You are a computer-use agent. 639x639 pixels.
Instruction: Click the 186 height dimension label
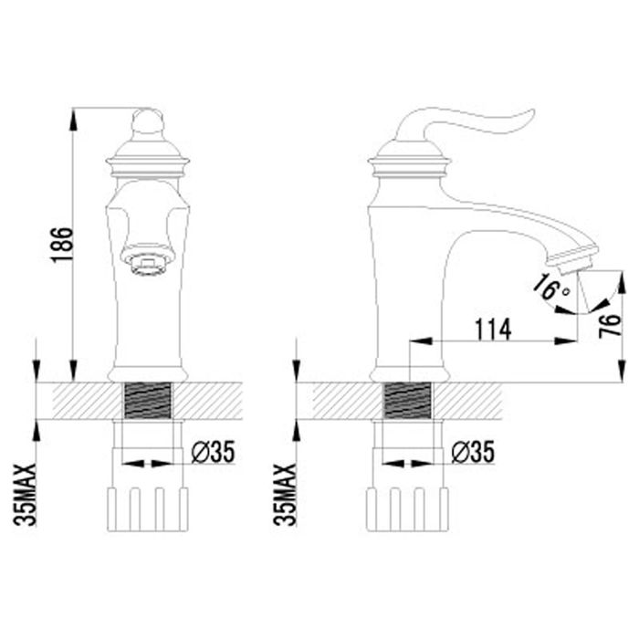click(x=62, y=245)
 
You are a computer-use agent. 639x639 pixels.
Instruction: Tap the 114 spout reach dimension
click(x=493, y=330)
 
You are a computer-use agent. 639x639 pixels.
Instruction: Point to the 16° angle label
click(x=550, y=288)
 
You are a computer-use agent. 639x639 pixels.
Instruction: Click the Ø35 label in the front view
click(x=213, y=452)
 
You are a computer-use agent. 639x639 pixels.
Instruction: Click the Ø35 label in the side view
click(x=473, y=452)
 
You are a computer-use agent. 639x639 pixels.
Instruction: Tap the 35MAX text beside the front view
click(x=26, y=495)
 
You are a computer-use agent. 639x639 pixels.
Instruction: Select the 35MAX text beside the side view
click(x=285, y=495)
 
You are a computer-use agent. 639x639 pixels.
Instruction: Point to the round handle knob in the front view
click(x=148, y=121)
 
